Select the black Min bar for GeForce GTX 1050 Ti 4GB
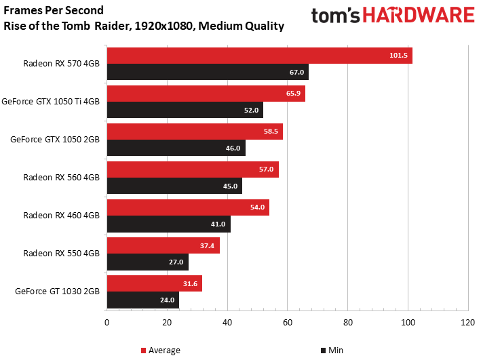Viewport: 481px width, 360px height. point(185,110)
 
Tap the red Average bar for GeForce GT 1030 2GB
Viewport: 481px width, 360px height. point(154,283)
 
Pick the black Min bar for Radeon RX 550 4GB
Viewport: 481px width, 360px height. point(147,262)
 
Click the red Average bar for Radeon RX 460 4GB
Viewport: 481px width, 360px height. point(188,207)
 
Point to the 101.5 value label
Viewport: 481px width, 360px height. point(399,56)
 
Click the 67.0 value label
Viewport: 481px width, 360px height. point(296,72)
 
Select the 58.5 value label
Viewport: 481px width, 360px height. point(271,132)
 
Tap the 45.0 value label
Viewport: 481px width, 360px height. point(230,186)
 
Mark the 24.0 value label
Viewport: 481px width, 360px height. point(167,300)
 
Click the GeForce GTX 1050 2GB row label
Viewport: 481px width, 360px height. point(55,140)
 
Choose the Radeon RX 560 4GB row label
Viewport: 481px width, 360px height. point(61,178)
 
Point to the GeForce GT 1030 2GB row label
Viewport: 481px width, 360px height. point(57,292)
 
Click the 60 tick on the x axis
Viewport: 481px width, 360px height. point(287,323)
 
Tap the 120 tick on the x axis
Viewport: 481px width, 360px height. point(467,323)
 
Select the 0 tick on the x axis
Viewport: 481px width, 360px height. point(107,323)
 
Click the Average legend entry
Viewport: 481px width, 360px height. point(161,351)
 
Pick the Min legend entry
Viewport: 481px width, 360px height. point(332,351)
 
